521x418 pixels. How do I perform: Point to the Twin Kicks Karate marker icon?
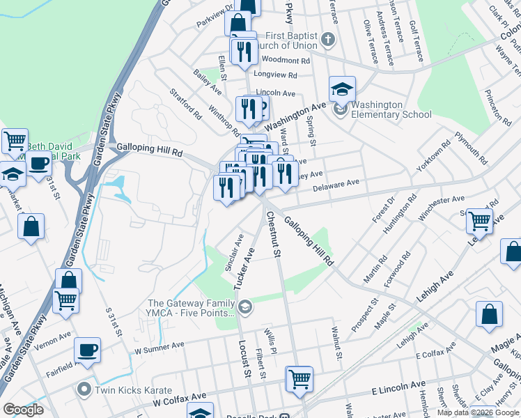click(x=84, y=389)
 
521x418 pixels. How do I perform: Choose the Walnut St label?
click(x=336, y=344)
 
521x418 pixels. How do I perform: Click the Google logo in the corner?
click(x=23, y=410)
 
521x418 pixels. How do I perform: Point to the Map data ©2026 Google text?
click(x=478, y=412)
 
